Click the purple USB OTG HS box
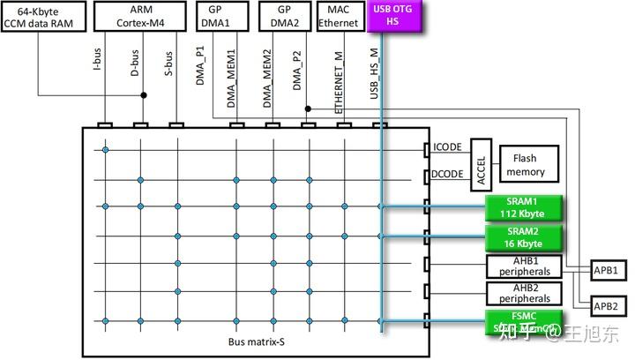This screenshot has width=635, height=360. coord(394,16)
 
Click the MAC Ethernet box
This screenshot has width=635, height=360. coord(339,16)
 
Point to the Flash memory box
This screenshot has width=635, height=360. coord(525,165)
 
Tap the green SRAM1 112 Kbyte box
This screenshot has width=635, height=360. coord(524,207)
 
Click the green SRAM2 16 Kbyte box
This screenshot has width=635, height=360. coord(524,236)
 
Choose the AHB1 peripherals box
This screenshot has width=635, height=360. coord(524,266)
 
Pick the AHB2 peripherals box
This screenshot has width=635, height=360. coord(524,293)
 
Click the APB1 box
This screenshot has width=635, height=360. coord(607,270)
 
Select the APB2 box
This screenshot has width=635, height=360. coord(607,305)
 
